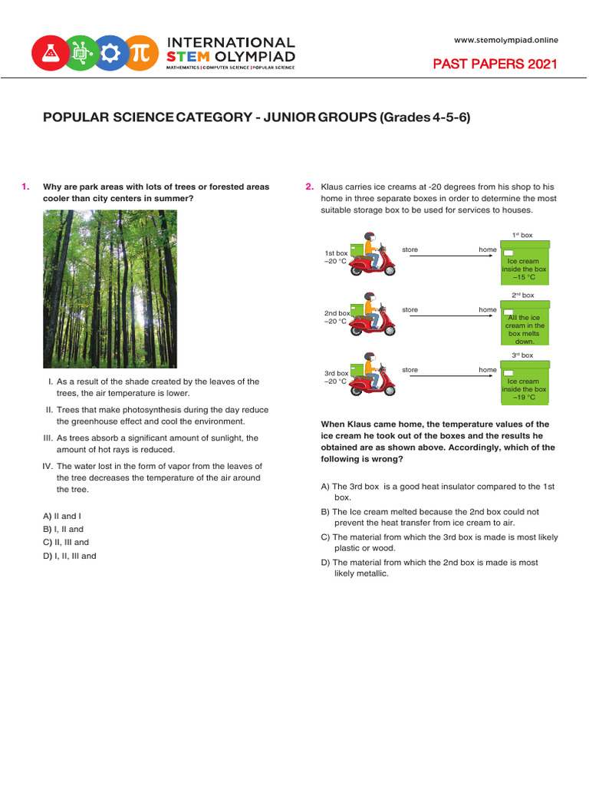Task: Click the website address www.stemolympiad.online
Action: click(506, 40)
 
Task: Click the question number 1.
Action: click(25, 187)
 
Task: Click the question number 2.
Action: click(309, 187)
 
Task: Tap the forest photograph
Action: click(110, 289)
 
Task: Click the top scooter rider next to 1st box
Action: click(373, 255)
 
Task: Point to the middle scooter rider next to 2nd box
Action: click(373, 315)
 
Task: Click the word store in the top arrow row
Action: click(410, 249)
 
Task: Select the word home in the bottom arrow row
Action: click(488, 370)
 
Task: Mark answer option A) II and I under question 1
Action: click(62, 516)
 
